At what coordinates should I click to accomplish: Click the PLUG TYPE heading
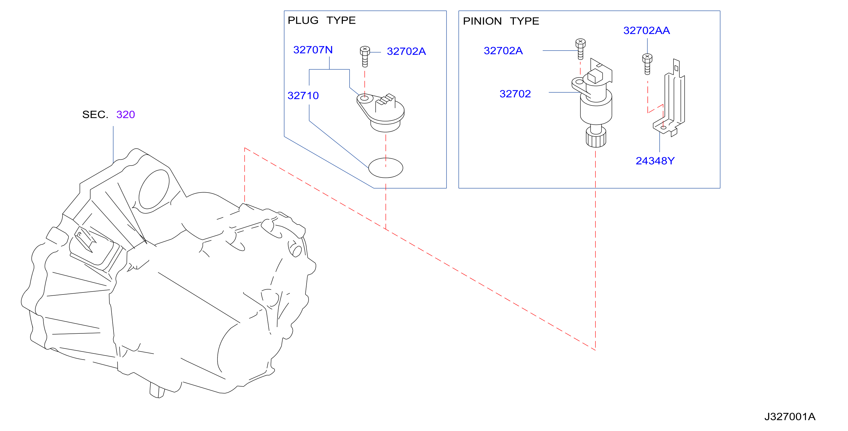(x=322, y=20)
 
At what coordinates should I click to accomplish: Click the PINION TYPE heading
(x=501, y=21)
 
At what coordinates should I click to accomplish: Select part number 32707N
(x=313, y=50)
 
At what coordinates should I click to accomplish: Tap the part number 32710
(x=303, y=96)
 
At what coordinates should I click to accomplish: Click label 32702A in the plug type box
(x=406, y=51)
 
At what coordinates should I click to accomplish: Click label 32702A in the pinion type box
(x=503, y=51)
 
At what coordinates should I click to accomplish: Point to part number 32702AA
(x=647, y=30)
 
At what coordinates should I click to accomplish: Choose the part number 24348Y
(x=655, y=161)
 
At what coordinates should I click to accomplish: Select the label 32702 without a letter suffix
(x=515, y=94)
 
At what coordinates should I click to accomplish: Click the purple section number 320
(x=125, y=115)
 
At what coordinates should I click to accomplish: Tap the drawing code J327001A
(x=790, y=416)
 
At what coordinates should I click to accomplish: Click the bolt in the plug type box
(x=365, y=57)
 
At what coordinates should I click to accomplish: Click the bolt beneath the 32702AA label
(x=647, y=64)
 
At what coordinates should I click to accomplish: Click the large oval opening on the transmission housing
(x=154, y=189)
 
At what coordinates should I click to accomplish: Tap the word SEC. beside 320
(x=95, y=115)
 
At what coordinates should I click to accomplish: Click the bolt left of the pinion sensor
(x=580, y=49)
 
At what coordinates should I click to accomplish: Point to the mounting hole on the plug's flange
(x=364, y=98)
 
